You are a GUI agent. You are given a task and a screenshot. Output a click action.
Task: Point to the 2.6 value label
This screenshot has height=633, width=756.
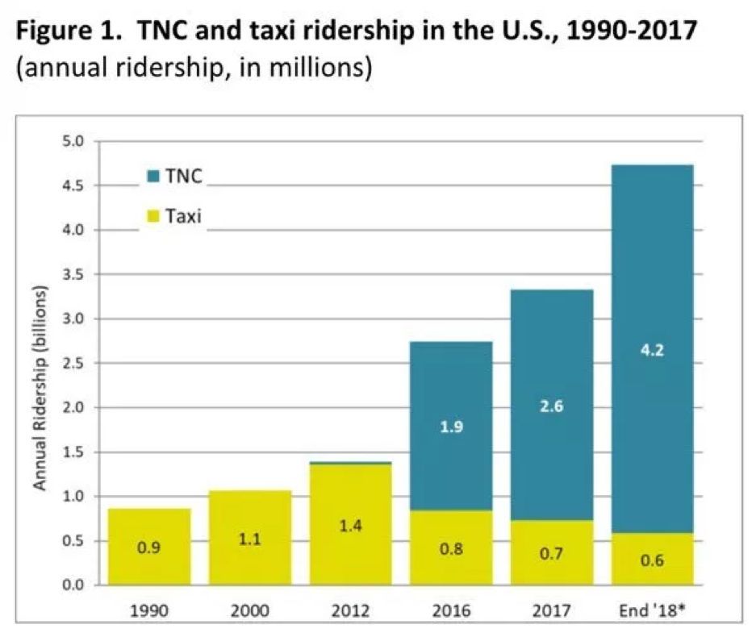[552, 407]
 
